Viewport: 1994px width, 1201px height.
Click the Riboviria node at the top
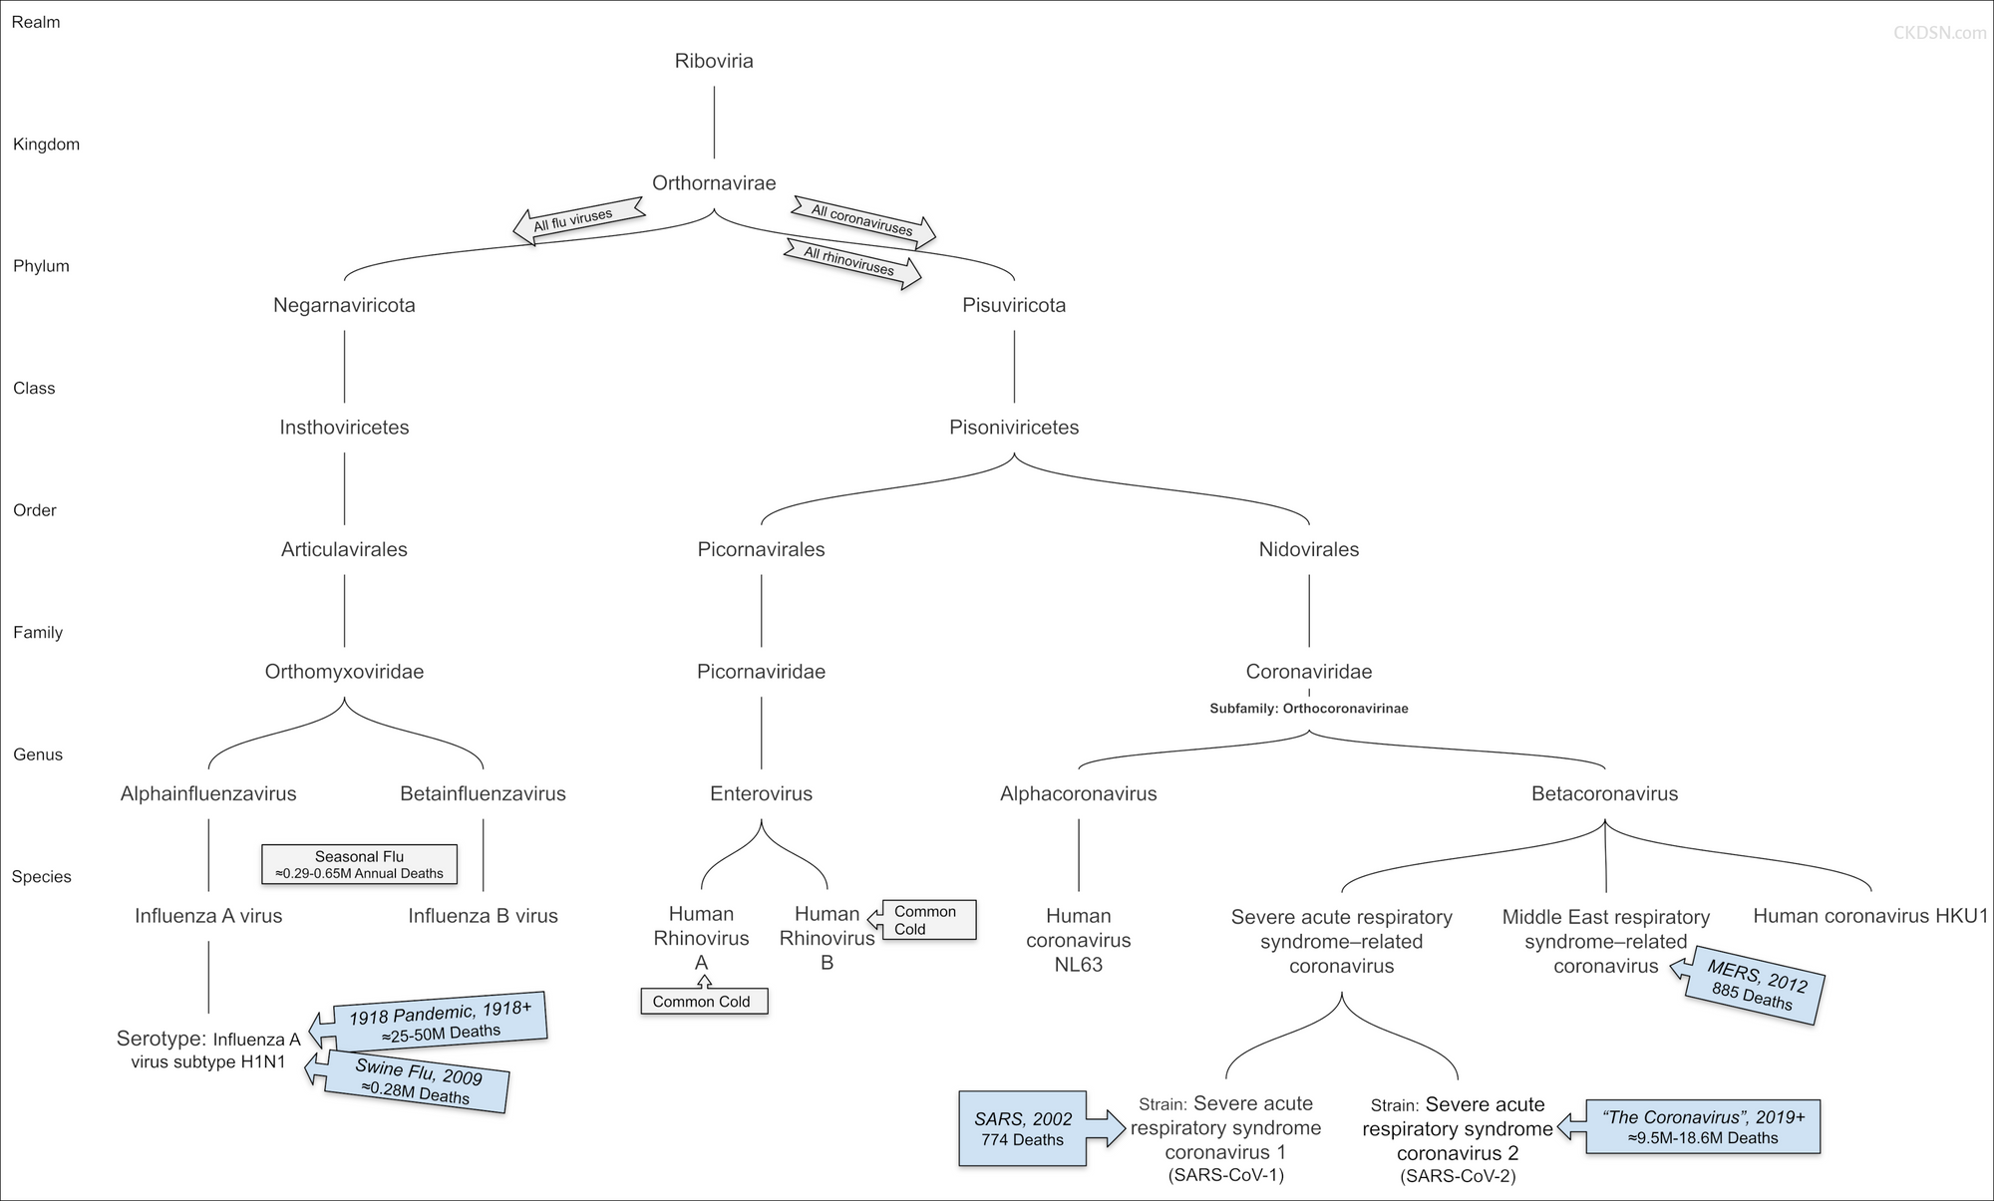pos(714,61)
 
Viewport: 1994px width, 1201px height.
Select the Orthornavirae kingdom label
pos(714,183)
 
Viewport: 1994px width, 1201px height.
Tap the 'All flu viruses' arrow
pos(576,219)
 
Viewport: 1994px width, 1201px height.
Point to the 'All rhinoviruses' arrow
pos(853,262)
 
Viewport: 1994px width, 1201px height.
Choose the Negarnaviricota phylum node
pos(344,305)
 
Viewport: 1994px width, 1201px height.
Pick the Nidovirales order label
pos(1308,549)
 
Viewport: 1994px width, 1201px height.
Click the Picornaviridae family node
pos(761,672)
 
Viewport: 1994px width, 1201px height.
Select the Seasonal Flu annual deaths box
pos(359,864)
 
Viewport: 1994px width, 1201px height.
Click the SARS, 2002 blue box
pos(1023,1129)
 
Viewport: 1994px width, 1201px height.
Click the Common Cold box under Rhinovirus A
pos(702,1002)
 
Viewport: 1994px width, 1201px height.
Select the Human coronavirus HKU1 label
pos(1870,916)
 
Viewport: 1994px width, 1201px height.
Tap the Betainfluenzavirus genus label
pos(483,794)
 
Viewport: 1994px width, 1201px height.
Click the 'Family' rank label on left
pos(38,633)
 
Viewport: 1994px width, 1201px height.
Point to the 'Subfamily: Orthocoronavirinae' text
pos(1308,709)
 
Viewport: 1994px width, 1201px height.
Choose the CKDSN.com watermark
pos(1939,33)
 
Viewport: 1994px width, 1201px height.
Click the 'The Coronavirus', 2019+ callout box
pos(1702,1127)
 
